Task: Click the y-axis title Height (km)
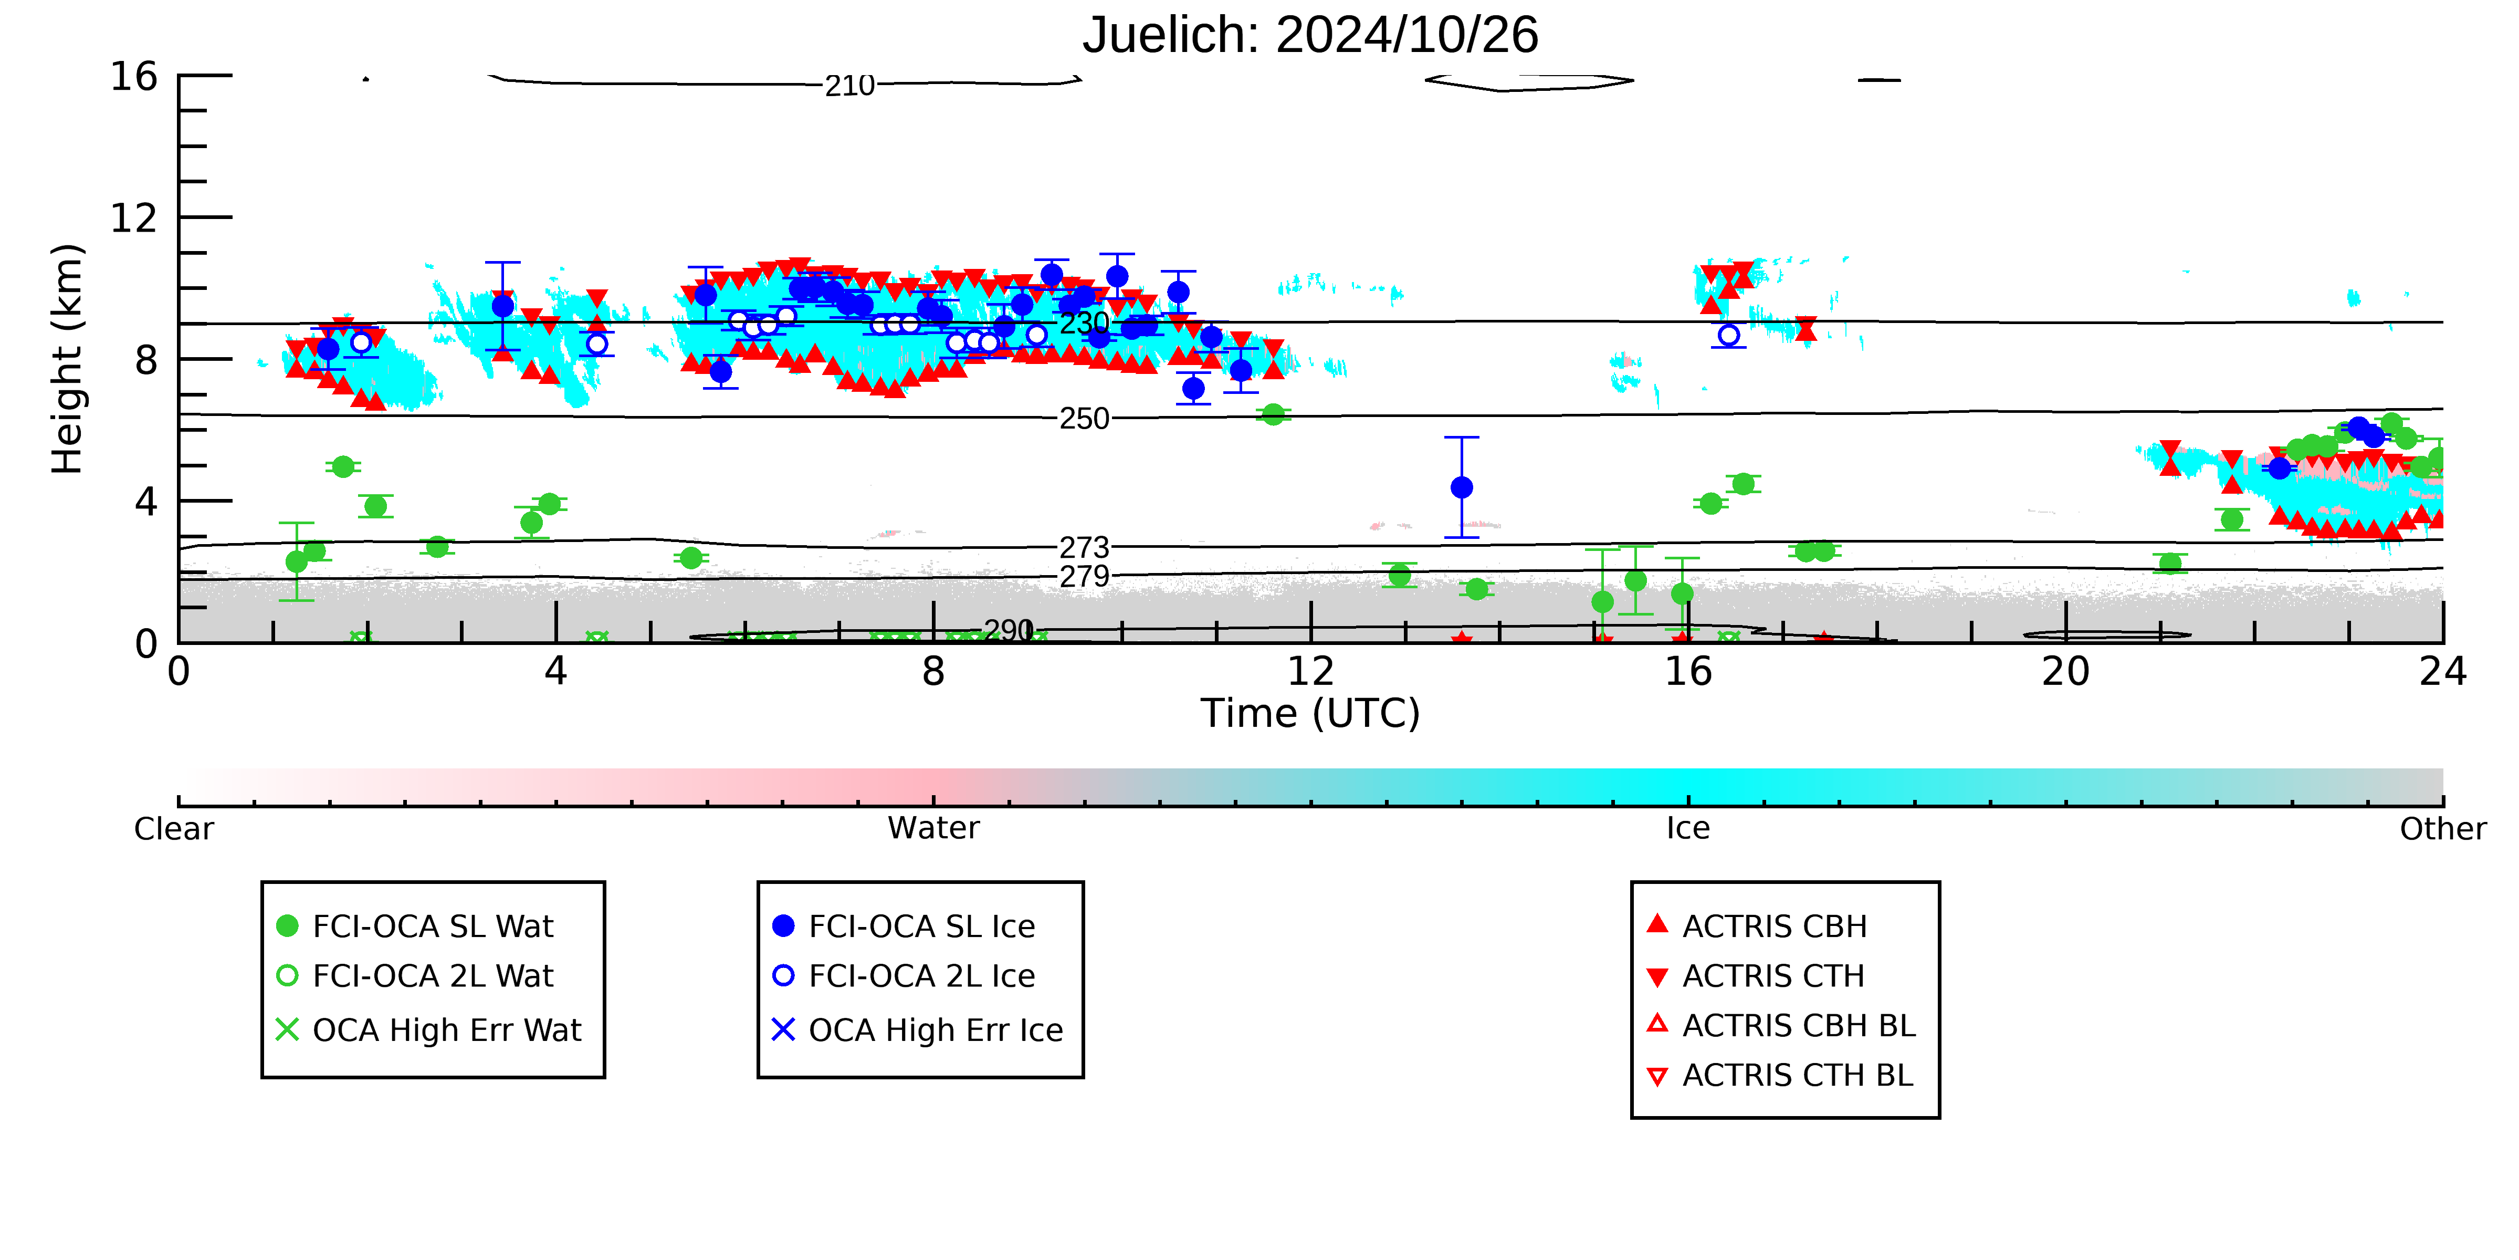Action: point(68,359)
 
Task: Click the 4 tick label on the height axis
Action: point(146,502)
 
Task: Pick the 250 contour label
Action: point(1085,419)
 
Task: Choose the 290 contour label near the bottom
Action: point(1008,630)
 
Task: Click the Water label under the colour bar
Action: point(933,829)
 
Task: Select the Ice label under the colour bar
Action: point(1688,829)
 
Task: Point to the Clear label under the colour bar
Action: point(174,829)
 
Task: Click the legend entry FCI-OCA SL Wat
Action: point(416,926)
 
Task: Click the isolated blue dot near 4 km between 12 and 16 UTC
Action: point(1461,487)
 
